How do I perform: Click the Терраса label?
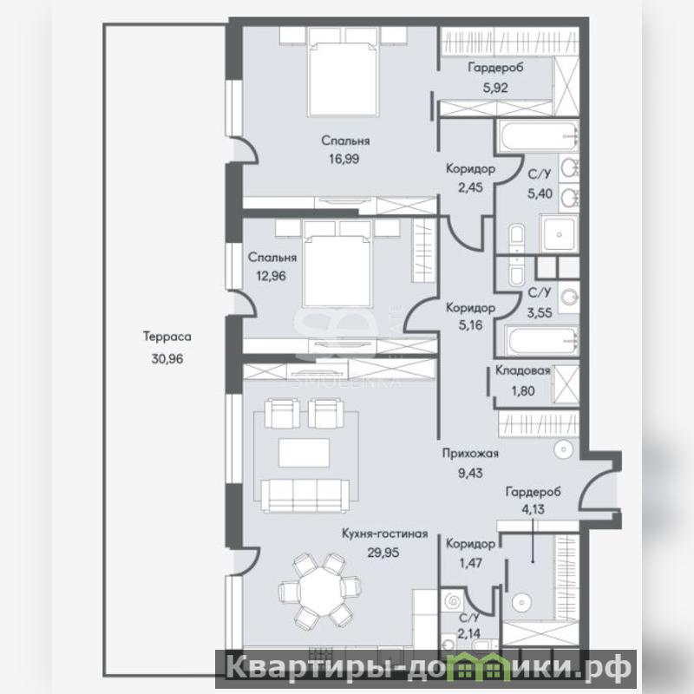pos(167,337)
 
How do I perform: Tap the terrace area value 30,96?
pos(167,358)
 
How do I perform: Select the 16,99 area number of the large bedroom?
pos(344,159)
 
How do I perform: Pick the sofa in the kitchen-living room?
pos(305,495)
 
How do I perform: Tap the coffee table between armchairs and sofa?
pos(304,452)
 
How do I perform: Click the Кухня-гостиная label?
pos(385,534)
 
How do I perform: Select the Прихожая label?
pos(470,454)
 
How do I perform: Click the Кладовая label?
pos(523,370)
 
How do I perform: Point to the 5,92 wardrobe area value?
pos(495,88)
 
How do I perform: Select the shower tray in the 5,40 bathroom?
pos(560,233)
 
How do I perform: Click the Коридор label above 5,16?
pos(470,307)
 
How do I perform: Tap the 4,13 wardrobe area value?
pos(533,509)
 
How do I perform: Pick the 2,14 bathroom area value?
pos(469,634)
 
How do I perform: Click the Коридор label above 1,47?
pos(470,544)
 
